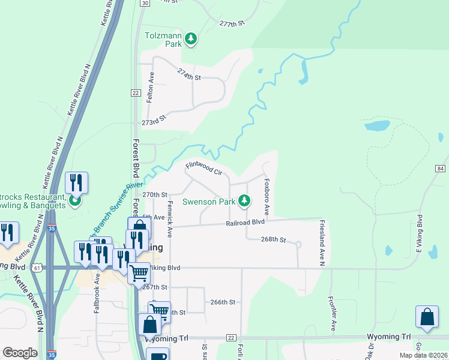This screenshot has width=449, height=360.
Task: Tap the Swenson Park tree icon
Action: coord(244,201)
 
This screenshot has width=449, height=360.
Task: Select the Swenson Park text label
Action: coord(209,202)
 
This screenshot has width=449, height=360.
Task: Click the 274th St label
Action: coord(188,74)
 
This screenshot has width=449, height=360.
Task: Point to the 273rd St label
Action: coord(153,122)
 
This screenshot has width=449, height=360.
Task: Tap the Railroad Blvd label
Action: coord(246,223)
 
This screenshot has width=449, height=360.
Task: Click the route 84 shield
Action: coord(441,169)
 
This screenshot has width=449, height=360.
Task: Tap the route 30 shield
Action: coord(145,3)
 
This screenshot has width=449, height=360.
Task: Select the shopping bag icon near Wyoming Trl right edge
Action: coord(426,319)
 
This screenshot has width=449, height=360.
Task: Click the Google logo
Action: coord(19,353)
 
